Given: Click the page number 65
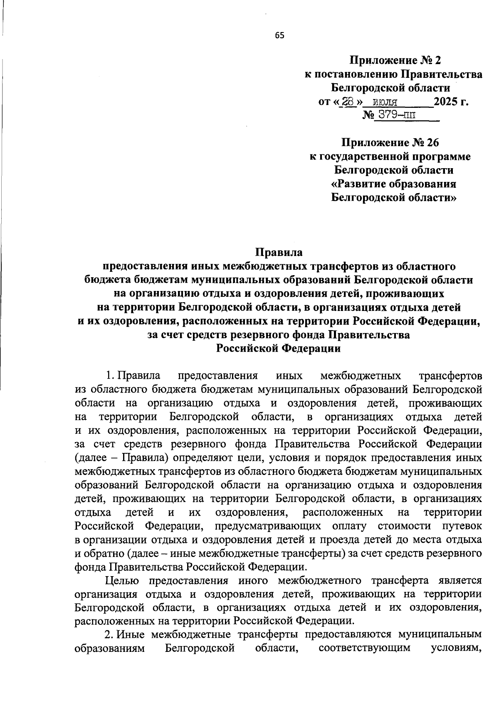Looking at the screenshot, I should click(279, 36).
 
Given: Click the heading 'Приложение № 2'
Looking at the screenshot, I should click(395, 61).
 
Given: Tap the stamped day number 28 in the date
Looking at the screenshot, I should click(348, 102).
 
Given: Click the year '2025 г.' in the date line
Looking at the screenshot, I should click(451, 102).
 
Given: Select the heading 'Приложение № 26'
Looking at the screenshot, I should click(390, 143).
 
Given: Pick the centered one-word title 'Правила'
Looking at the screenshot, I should click(279, 252).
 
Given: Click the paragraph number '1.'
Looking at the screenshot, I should click(110, 375).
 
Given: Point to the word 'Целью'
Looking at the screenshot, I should click(122, 580).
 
